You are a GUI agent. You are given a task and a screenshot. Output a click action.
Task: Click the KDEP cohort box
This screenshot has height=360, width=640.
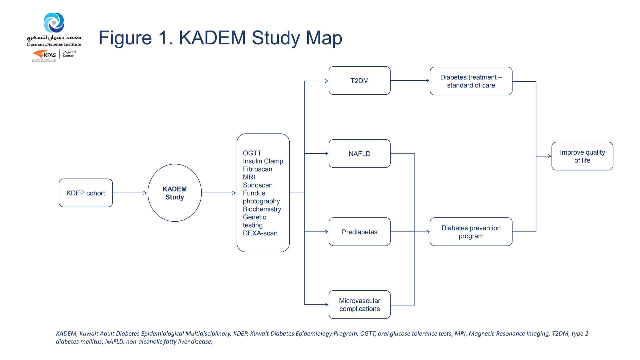(x=86, y=193)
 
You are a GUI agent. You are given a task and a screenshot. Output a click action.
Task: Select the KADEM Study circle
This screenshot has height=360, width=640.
(x=175, y=193)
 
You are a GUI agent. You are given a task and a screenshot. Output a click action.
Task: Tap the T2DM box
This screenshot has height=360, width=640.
(x=359, y=81)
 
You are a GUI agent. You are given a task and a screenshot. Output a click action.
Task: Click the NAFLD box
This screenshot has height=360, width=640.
(x=359, y=154)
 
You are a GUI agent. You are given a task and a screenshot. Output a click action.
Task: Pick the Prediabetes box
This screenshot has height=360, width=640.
(x=359, y=232)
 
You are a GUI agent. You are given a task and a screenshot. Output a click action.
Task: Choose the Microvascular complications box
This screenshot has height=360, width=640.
(x=359, y=305)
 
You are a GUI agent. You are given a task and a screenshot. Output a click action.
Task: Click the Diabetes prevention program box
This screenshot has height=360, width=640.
(x=471, y=232)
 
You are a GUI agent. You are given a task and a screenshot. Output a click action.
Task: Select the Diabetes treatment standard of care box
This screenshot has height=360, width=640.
(x=471, y=81)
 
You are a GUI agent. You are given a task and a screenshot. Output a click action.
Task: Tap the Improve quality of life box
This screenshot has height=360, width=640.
(x=582, y=156)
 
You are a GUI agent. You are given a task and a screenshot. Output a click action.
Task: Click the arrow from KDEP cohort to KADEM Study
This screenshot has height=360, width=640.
(x=130, y=193)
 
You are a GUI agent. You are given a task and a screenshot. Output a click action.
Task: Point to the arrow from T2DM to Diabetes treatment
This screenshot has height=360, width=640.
(x=410, y=81)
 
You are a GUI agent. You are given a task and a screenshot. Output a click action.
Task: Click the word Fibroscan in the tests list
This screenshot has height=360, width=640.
(x=257, y=169)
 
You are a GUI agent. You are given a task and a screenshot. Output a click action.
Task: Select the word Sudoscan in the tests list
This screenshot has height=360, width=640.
(x=258, y=185)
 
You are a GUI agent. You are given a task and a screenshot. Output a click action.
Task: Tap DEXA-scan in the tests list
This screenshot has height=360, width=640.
(x=260, y=233)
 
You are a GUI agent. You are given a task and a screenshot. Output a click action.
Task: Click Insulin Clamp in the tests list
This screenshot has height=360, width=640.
(x=263, y=161)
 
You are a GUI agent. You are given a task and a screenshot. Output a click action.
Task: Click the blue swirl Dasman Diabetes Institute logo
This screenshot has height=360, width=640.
(x=54, y=23)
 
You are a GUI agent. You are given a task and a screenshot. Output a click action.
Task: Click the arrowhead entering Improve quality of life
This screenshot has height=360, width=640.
(x=549, y=156)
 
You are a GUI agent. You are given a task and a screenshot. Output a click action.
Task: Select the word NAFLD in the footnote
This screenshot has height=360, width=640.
(x=114, y=342)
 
